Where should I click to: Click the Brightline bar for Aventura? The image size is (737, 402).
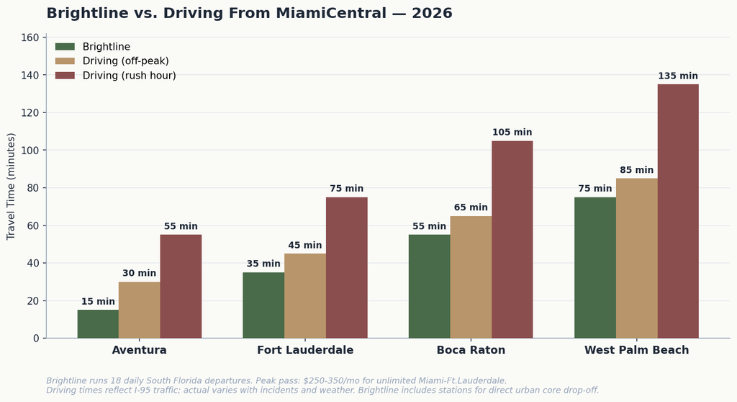pyautogui.click(x=98, y=324)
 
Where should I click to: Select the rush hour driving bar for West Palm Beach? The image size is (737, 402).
pyautogui.click(x=678, y=211)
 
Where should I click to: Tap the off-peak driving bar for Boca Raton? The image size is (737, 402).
pyautogui.click(x=471, y=277)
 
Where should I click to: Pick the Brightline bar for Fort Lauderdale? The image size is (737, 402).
pyautogui.click(x=263, y=305)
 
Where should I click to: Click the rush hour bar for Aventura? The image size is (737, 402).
pyautogui.click(x=181, y=286)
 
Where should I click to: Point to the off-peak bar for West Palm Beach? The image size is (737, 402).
pyautogui.click(x=637, y=258)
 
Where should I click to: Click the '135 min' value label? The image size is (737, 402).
pyautogui.click(x=678, y=76)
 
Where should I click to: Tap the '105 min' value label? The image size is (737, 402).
pyautogui.click(x=512, y=133)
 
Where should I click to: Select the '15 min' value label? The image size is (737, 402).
pyautogui.click(x=98, y=301)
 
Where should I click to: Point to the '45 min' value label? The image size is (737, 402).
pyautogui.click(x=305, y=245)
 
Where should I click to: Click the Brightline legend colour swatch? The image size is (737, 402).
pyautogui.click(x=65, y=47)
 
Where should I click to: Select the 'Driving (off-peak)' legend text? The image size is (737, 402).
pyautogui.click(x=125, y=61)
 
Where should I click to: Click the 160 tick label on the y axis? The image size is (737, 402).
pyautogui.click(x=30, y=37)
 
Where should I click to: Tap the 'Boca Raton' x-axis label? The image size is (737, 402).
pyautogui.click(x=471, y=350)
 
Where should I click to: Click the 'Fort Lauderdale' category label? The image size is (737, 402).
pyautogui.click(x=305, y=350)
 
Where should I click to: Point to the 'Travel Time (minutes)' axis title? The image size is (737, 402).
pyautogui.click(x=12, y=187)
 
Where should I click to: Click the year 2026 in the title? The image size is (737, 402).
pyautogui.click(x=432, y=13)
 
